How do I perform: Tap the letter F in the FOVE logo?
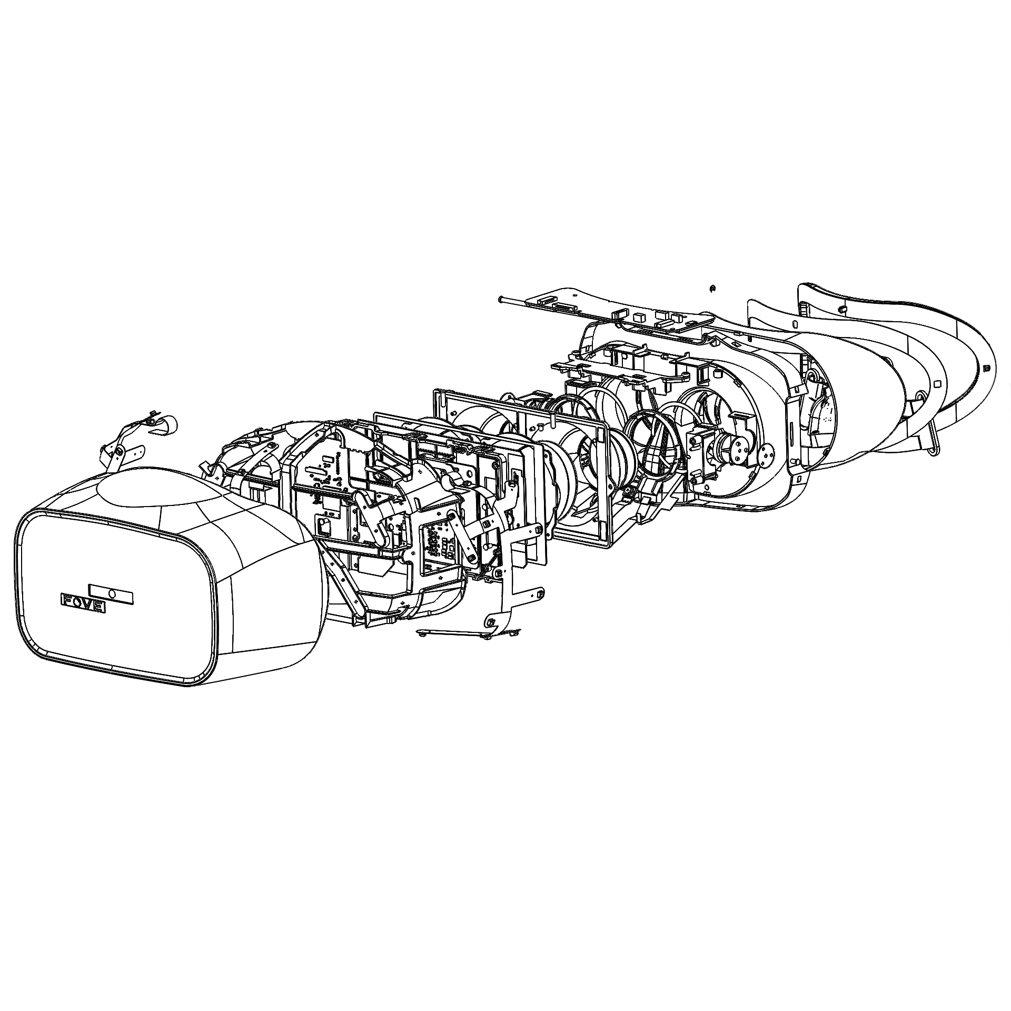pos(67,600)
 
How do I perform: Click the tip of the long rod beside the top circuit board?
pos(499,300)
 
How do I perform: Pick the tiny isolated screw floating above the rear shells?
pos(711,288)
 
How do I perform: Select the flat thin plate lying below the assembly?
pos(453,633)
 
